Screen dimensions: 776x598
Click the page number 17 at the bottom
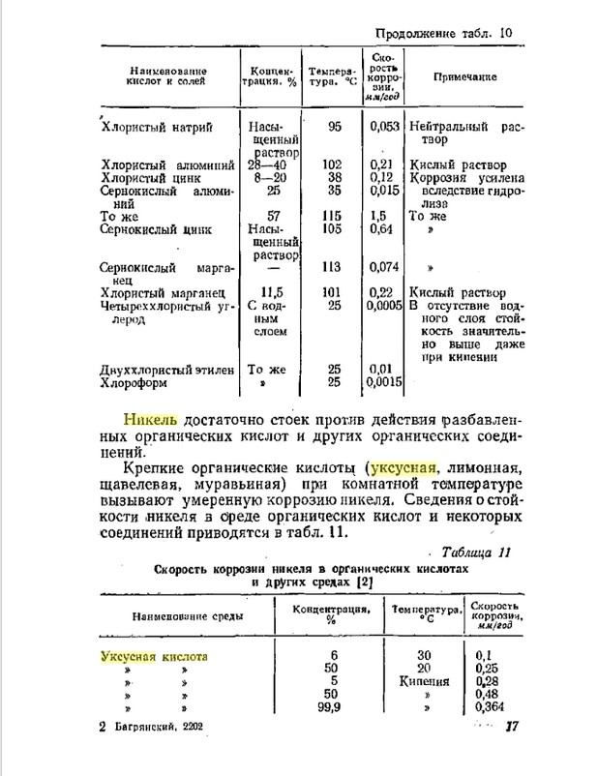coord(512,726)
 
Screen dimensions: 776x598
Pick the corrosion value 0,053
coord(385,126)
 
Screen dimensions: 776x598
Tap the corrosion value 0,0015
coord(384,382)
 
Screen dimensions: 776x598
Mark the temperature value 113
coord(335,266)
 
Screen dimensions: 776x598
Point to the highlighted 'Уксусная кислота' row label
coord(155,656)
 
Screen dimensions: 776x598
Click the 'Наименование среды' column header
coord(180,615)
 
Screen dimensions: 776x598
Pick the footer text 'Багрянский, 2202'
coord(158,726)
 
